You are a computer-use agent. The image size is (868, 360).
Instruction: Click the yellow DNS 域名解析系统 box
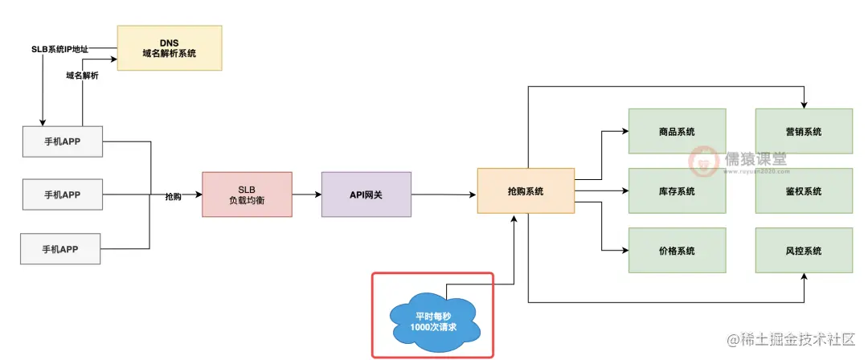[x=169, y=47]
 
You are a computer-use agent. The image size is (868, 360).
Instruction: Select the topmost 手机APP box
[x=62, y=141]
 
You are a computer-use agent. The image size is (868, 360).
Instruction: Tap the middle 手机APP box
[x=62, y=194]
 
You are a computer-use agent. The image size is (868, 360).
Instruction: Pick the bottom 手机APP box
[x=62, y=247]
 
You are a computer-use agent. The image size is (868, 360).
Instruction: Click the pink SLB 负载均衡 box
[x=247, y=194]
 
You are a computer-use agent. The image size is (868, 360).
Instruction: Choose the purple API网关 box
[x=366, y=194]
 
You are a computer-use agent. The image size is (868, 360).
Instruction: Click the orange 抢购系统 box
[x=526, y=190]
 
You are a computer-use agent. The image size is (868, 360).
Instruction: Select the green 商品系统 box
[x=677, y=131]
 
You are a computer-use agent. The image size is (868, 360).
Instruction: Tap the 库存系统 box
[x=677, y=191]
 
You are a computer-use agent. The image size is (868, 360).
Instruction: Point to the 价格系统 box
[x=677, y=251]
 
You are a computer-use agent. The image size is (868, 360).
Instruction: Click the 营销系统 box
[x=804, y=131]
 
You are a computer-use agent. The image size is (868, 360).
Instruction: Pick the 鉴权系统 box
[x=804, y=191]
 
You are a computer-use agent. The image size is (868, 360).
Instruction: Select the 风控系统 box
[x=804, y=251]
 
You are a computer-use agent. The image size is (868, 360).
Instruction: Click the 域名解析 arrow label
[x=82, y=75]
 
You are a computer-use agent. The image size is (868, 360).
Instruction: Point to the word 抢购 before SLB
[x=174, y=196]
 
